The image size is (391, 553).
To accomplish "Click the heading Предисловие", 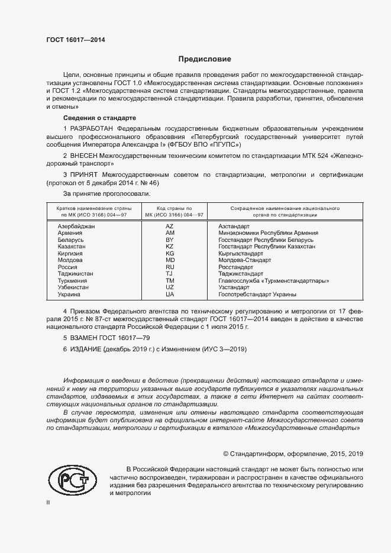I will pos(205,59).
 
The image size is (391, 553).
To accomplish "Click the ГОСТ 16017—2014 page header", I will pos(76,40).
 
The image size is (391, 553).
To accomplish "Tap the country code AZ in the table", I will pos(170,227).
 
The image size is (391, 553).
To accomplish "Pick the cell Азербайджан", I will pos(76,227).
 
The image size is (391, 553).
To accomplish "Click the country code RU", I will pos(170,267).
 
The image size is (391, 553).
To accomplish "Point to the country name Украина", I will pos(70,294).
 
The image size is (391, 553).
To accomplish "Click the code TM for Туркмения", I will pos(170,281).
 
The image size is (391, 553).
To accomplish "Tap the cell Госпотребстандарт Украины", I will pos(257,294).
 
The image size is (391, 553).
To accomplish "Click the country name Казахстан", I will pos(72,247).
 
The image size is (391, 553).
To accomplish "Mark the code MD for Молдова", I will pos(170,260).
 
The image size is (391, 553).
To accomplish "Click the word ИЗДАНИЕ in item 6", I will pos(85,349).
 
